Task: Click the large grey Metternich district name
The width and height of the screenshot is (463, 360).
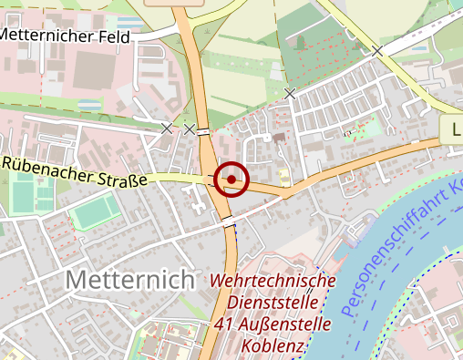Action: tap(130, 280)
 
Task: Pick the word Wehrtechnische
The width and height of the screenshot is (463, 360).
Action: tap(273, 281)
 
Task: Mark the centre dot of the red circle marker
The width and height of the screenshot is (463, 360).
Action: tap(231, 180)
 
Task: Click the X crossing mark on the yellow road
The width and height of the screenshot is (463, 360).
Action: tap(376, 52)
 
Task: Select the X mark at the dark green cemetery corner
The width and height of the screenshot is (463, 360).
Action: tap(290, 93)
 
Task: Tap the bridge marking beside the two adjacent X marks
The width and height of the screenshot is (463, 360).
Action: tap(203, 130)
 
